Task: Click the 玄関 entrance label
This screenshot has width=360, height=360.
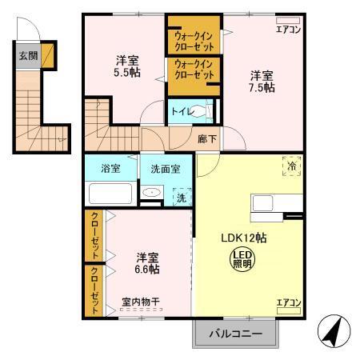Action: tap(28, 56)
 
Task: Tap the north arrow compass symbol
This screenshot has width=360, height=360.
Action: tap(334, 331)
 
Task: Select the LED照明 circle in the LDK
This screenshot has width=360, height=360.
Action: tap(242, 259)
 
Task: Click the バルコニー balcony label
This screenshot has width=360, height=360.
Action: tap(236, 334)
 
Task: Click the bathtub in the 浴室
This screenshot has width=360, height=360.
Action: tap(110, 194)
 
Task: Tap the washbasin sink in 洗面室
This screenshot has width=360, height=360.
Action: tap(152, 192)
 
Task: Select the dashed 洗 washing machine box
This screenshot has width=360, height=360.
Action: tap(182, 197)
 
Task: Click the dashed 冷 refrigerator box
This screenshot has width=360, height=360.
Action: tap(292, 166)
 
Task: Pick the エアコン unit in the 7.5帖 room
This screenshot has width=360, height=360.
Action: tap(288, 21)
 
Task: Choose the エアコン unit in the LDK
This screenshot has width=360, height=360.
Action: tap(289, 310)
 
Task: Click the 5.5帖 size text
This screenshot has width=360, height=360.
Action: tap(127, 72)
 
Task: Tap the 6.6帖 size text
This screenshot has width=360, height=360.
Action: tap(147, 270)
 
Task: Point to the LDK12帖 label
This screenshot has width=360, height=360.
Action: tap(244, 238)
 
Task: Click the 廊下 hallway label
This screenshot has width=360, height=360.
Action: tap(207, 139)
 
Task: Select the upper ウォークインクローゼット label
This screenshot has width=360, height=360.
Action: tap(194, 42)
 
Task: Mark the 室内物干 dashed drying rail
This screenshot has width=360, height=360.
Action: tap(141, 310)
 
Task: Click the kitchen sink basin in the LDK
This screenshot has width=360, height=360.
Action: tap(262, 203)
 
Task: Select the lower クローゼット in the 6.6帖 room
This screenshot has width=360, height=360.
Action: tap(95, 290)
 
